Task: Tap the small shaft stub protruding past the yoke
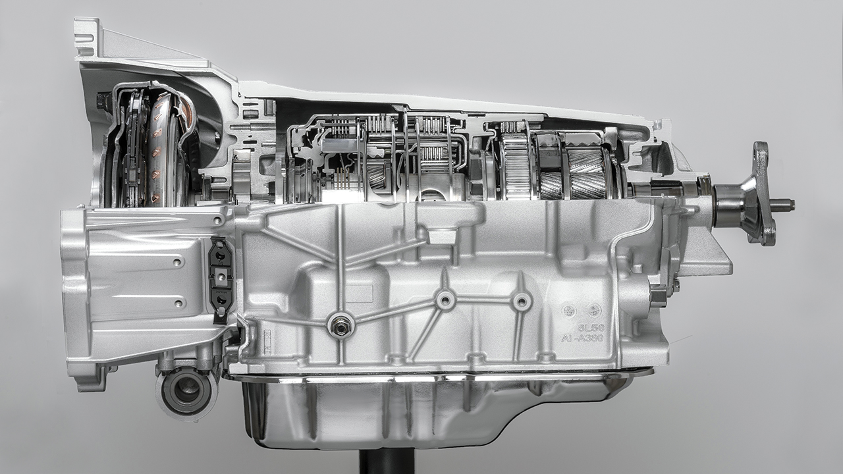click(783, 205)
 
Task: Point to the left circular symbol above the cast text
click(568, 310)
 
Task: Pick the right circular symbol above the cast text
click(594, 310)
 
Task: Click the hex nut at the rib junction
click(340, 325)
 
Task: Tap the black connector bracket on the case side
click(221, 279)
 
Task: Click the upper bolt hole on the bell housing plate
click(177, 262)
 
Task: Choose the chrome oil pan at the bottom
click(421, 411)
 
